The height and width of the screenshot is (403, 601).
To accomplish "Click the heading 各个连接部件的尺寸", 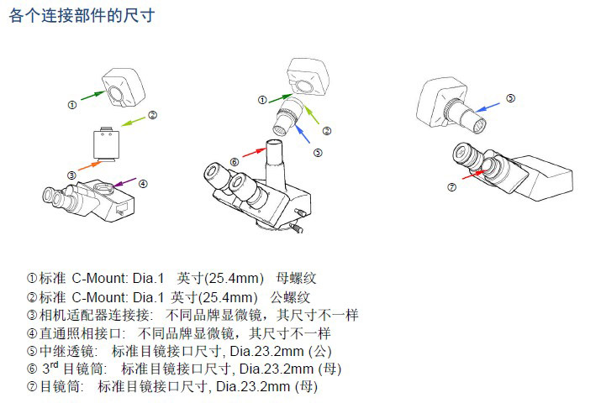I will coord(82,16).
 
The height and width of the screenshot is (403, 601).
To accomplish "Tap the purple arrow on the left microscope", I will coord(125,182).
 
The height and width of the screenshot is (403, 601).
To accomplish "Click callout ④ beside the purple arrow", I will coord(144,184).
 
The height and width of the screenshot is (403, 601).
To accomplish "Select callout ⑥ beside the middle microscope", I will coord(234,161).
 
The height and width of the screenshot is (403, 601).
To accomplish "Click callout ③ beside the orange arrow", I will coord(72,175).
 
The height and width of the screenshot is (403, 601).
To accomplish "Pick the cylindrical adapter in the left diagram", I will coord(105,144).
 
